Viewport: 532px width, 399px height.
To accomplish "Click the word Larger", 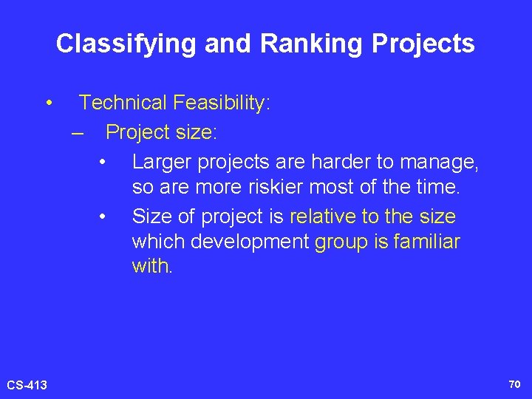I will point(162,160).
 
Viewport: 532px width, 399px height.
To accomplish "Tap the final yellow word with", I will point(152,267).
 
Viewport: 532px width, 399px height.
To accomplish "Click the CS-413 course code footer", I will point(27,385).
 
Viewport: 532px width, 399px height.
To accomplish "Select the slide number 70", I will point(514,384).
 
